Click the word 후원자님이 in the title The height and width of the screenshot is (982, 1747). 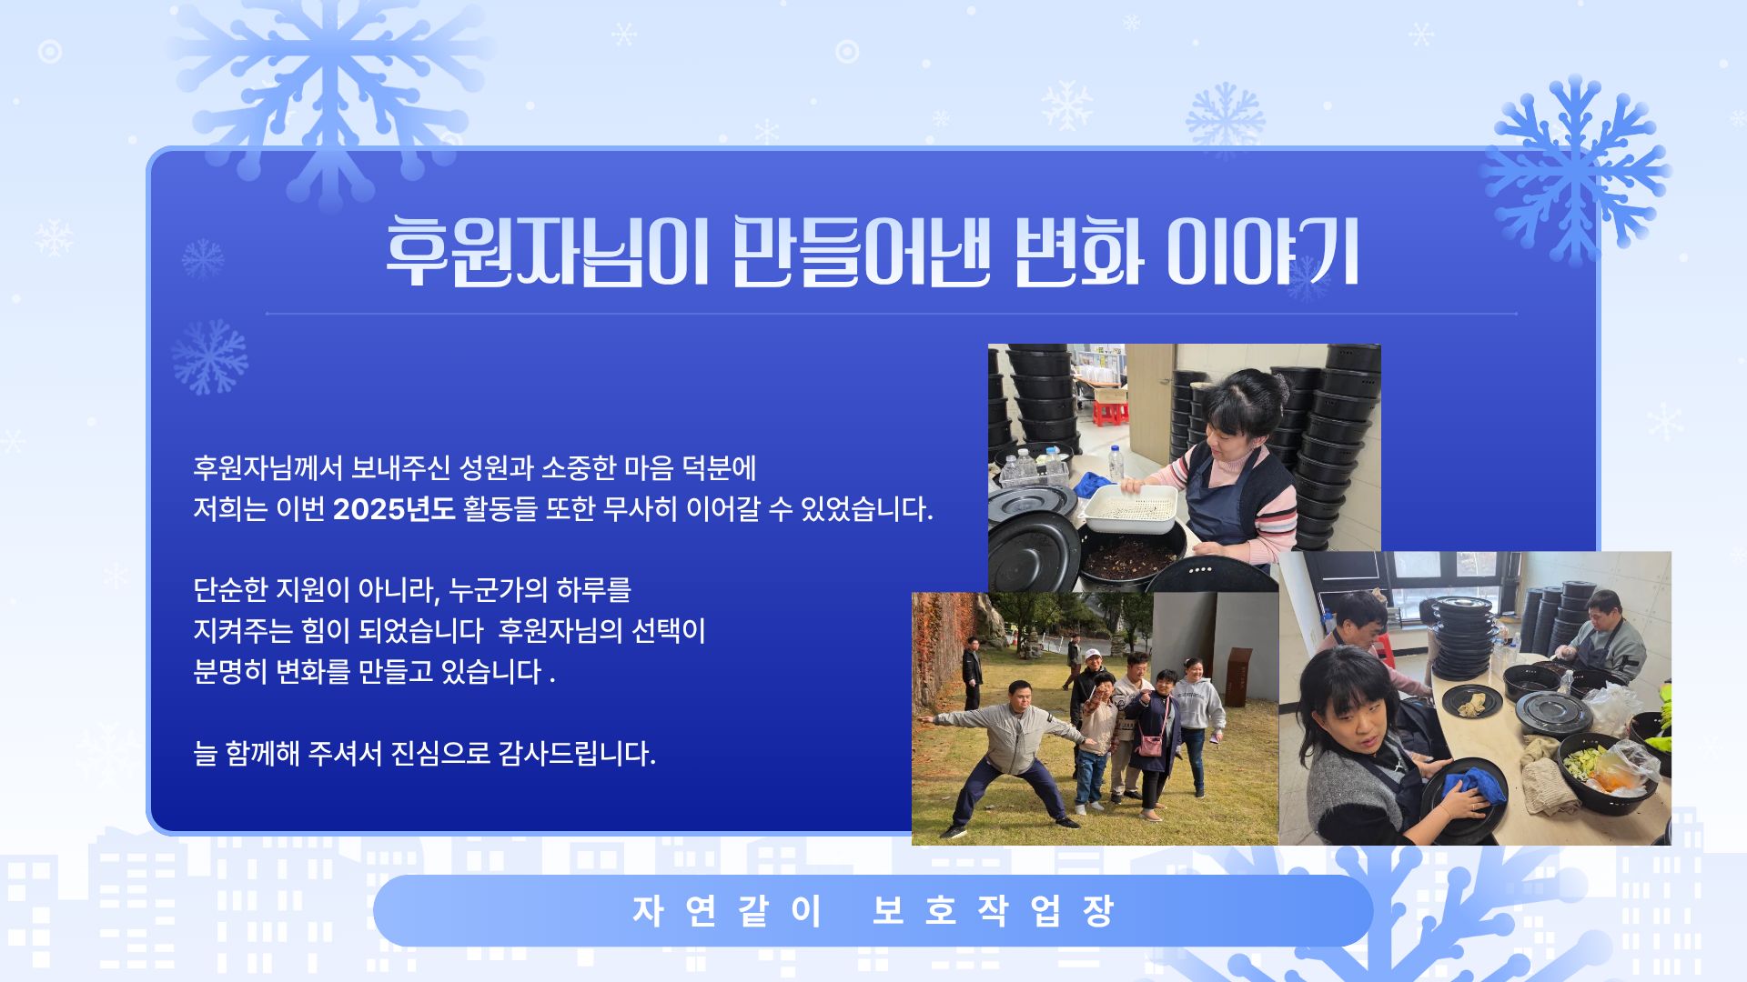pyautogui.click(x=546, y=252)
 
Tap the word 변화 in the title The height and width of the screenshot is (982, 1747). pyautogui.click(x=1077, y=252)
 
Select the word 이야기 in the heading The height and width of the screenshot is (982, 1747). pyautogui.click(x=1263, y=252)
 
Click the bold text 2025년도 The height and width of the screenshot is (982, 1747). pyautogui.click(x=393, y=509)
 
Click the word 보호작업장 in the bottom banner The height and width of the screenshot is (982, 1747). pyautogui.click(x=993, y=910)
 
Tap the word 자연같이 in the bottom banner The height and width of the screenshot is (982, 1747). pyautogui.click(x=728, y=910)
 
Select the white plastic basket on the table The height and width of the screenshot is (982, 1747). pyautogui.click(x=1130, y=509)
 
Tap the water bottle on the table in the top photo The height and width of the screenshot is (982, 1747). pyautogui.click(x=1116, y=463)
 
